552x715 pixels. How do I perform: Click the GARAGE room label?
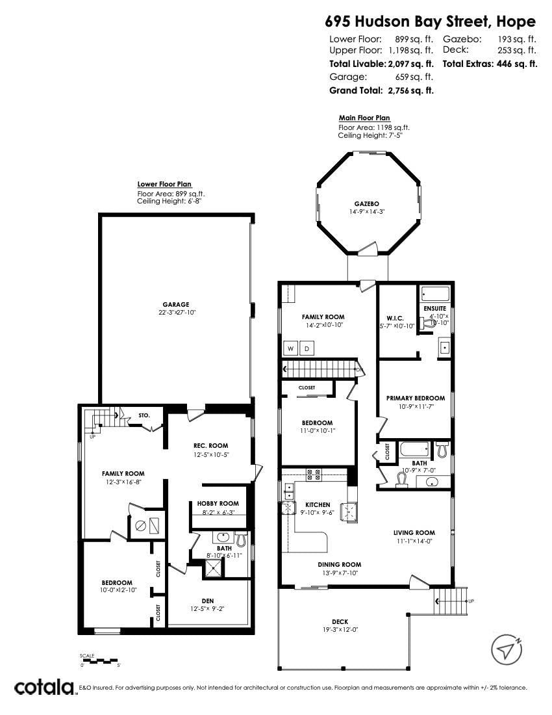click(176, 304)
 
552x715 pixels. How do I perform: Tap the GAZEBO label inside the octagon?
click(357, 203)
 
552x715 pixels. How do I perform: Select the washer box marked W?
click(290, 349)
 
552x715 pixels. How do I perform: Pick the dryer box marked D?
click(306, 349)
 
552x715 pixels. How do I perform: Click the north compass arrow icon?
click(507, 649)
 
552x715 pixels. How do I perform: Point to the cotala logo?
click(44, 687)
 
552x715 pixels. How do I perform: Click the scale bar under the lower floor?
click(100, 661)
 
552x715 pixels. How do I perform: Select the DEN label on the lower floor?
click(208, 600)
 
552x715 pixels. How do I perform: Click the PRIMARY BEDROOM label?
click(416, 398)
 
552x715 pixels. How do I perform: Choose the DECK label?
click(340, 621)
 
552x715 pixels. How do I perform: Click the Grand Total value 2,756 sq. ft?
click(410, 90)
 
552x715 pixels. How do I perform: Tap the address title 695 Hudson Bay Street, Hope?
click(431, 21)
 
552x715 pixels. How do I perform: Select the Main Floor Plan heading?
click(364, 118)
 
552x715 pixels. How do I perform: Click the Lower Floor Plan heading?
click(164, 185)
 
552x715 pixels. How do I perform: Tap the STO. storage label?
click(144, 415)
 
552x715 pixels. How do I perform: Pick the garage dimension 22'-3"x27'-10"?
click(176, 312)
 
